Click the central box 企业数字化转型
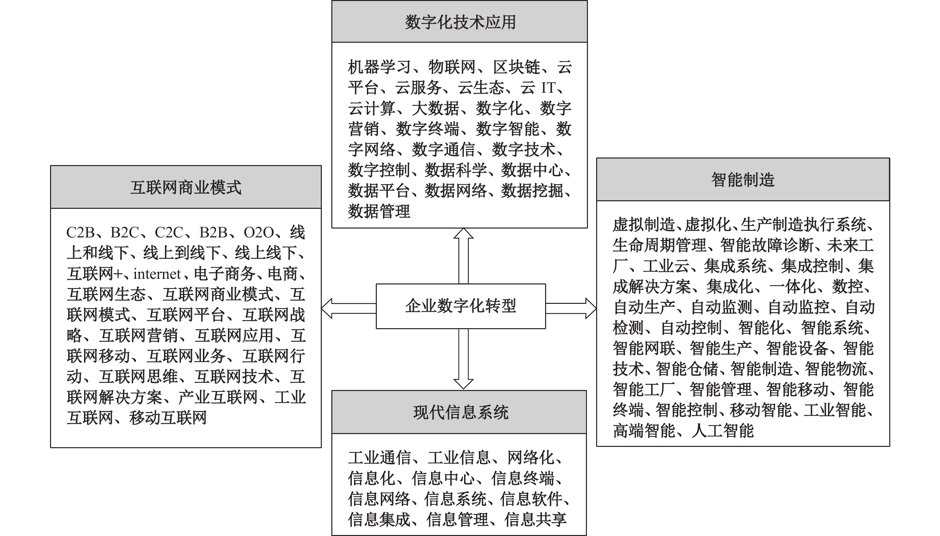(460, 306)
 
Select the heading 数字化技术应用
(460, 22)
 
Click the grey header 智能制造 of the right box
(742, 180)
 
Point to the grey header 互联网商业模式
(186, 187)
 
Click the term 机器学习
(379, 67)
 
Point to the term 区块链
(516, 67)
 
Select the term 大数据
(435, 109)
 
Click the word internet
(157, 274)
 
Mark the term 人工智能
(723, 431)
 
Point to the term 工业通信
(379, 458)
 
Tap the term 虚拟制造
(644, 225)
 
